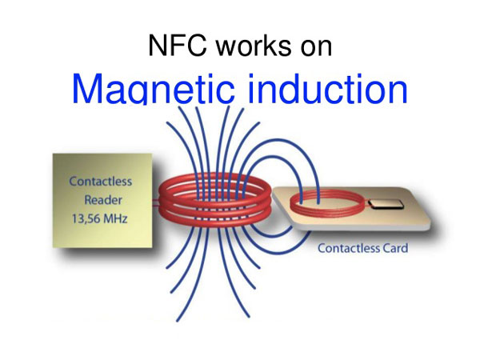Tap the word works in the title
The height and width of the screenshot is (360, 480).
click(x=254, y=46)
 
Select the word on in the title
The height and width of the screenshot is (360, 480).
click(x=316, y=48)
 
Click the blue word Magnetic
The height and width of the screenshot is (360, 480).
click(x=154, y=89)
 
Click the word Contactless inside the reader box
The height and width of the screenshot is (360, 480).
click(x=101, y=182)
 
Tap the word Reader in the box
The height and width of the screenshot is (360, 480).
click(x=103, y=200)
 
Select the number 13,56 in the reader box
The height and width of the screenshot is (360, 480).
click(x=86, y=219)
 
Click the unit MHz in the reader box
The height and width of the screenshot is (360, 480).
click(x=116, y=219)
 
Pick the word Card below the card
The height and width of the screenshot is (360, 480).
click(x=395, y=248)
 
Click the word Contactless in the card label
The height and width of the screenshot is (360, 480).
click(x=349, y=248)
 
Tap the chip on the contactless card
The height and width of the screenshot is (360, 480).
click(x=386, y=204)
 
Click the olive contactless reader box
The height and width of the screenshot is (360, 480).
click(x=102, y=201)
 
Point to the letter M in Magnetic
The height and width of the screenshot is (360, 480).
click(x=88, y=89)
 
